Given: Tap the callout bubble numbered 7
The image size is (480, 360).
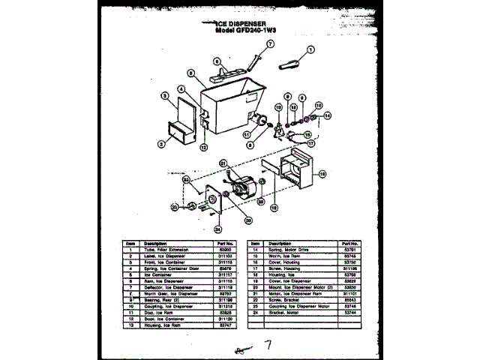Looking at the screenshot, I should (x=271, y=23).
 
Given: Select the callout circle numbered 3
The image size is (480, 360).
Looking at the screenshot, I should (x=163, y=95).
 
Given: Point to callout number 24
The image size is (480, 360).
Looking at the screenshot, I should (x=217, y=229).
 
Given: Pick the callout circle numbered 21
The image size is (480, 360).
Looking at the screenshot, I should (x=223, y=163).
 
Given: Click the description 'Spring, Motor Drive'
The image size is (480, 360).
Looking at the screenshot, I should (x=293, y=249).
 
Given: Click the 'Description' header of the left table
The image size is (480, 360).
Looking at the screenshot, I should (x=155, y=243).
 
